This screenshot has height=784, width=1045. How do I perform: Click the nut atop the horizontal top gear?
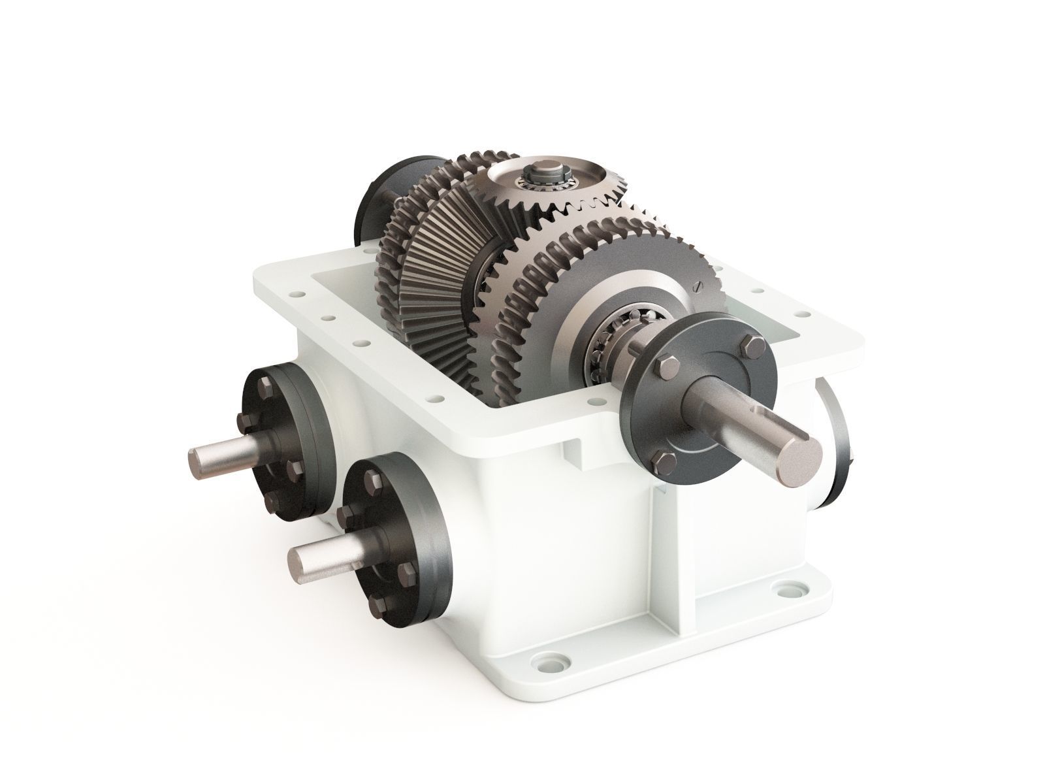[543, 175]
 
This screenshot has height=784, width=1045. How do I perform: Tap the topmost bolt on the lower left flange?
[374, 482]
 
